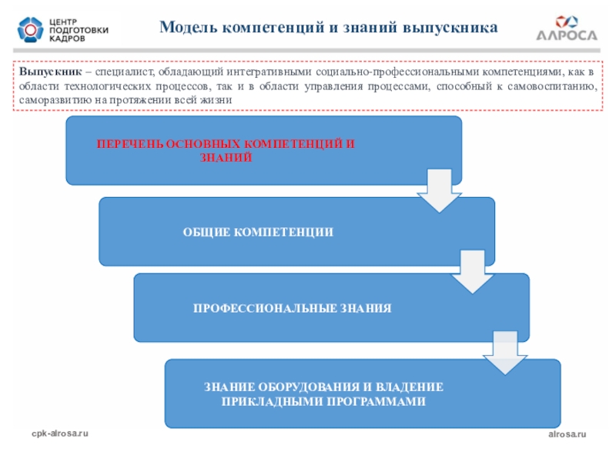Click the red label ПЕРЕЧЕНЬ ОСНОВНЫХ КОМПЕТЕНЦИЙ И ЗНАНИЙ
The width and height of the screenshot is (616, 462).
[226, 151]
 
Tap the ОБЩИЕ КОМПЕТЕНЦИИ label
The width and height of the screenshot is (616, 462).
[258, 232]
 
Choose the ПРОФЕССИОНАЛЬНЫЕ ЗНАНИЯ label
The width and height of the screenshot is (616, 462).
[292, 308]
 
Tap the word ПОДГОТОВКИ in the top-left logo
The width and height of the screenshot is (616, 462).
[79, 29]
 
